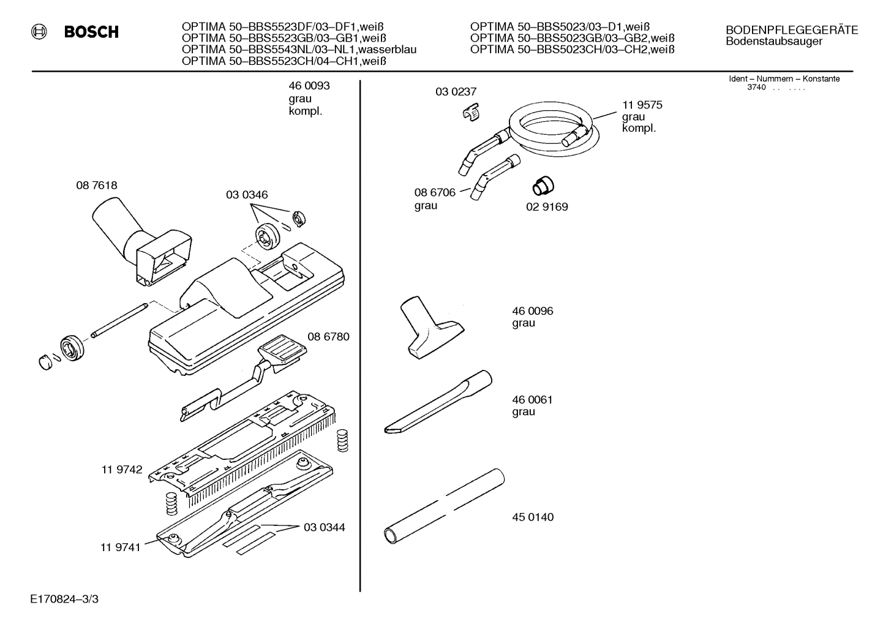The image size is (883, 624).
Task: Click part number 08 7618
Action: pos(97,185)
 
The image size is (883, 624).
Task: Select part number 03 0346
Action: pos(247,195)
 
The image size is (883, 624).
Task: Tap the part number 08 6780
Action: pos(328,337)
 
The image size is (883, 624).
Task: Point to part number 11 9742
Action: pos(122,470)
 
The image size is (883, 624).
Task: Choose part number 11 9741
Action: pos(120,547)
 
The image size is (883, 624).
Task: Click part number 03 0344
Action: pos(324,527)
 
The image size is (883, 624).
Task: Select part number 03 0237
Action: pos(456,92)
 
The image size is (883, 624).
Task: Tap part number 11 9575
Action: pos(642,105)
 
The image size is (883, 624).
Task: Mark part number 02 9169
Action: pos(547,207)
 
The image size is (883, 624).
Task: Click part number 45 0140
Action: pos(533,517)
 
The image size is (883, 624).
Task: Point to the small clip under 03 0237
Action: pos(471,113)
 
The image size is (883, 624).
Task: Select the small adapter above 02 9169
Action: pos(541,184)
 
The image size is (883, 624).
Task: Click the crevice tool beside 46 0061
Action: pos(438,402)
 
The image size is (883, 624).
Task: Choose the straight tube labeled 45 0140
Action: pos(443,506)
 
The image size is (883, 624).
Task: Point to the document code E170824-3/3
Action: pos(63,598)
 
